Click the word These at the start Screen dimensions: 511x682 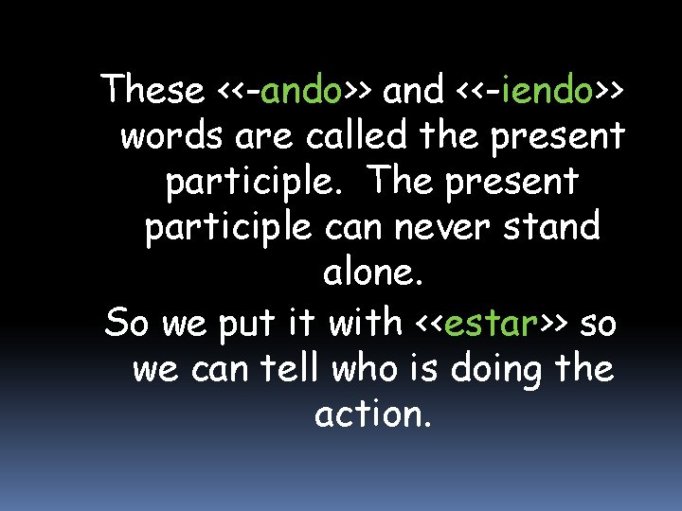[154, 90]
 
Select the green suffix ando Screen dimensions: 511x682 [301, 90]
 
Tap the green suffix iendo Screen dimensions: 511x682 [549, 90]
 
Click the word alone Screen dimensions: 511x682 [372, 275]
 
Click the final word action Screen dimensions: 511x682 [372, 415]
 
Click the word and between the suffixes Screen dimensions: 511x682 [413, 90]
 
